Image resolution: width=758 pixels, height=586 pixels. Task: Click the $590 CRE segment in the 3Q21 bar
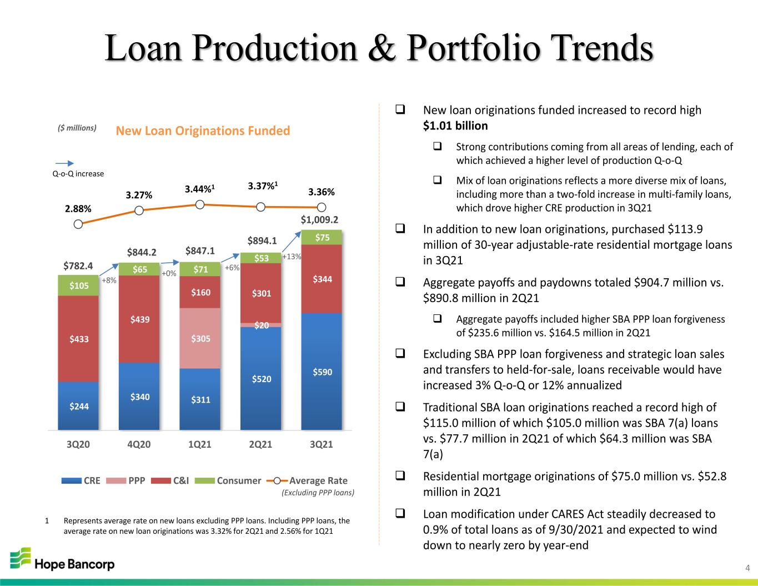[x=322, y=372]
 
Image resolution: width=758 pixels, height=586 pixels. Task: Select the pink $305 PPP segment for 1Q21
[x=200, y=338]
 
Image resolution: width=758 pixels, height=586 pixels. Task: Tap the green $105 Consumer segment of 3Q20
[x=78, y=286]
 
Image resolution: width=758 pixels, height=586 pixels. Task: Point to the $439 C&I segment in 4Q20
[x=139, y=319]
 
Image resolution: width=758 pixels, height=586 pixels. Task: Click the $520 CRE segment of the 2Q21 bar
[x=260, y=378]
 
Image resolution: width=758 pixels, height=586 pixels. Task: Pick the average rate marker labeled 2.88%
[x=78, y=224]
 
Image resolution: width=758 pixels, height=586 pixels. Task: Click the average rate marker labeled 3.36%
[x=322, y=208]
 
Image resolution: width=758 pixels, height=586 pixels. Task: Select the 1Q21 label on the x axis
[x=199, y=444]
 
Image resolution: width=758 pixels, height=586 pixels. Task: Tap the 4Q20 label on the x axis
[x=139, y=444]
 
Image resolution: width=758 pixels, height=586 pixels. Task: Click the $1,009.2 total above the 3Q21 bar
[x=319, y=219]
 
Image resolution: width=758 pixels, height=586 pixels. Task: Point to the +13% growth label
[x=292, y=257]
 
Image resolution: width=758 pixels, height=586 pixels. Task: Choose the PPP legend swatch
[x=116, y=480]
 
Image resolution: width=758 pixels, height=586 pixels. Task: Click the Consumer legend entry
[x=228, y=480]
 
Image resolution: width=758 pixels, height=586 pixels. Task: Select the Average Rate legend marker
[x=277, y=480]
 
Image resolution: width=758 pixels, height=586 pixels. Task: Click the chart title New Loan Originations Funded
[x=203, y=131]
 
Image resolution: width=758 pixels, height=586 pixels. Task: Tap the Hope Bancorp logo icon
[x=20, y=558]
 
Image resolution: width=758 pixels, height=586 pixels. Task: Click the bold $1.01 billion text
[x=455, y=126]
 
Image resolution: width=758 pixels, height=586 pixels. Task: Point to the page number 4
[x=747, y=568]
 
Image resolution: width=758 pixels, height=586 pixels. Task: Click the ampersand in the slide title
[x=382, y=48]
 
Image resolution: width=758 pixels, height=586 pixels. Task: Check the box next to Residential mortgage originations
[x=400, y=475]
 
